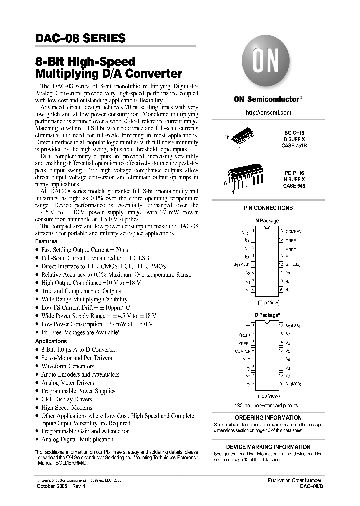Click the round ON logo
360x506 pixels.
pos(267,64)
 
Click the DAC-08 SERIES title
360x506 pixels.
pos(80,38)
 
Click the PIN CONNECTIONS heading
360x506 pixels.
pos(268,208)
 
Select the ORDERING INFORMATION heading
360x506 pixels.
pos(268,417)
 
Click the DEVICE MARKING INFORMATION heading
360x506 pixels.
pos(268,447)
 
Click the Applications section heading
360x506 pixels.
pos(51,341)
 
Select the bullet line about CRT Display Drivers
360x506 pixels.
pos(66,399)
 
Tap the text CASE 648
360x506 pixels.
pos(294,185)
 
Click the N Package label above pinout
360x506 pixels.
pos(267,220)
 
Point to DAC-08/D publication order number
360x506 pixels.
pos(311,486)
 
